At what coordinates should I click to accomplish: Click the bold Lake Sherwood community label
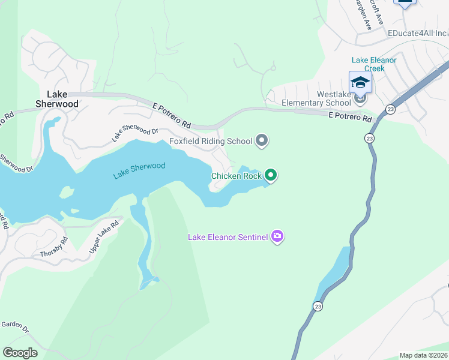[62, 99]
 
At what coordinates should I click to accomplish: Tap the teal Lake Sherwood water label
[139, 170]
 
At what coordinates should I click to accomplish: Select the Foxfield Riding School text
[211, 142]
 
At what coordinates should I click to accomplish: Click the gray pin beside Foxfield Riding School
[261, 141]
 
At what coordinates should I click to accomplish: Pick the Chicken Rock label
[236, 176]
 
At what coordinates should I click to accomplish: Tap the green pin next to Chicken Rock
[271, 175]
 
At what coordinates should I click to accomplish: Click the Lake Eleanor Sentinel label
[228, 237]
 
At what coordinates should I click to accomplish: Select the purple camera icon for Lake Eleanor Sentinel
[277, 236]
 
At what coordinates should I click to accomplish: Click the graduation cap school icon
[360, 82]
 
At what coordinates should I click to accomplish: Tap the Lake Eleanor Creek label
[374, 64]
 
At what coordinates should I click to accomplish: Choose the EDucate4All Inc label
[417, 33]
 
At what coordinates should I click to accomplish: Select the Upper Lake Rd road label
[104, 236]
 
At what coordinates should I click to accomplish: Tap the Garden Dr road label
[14, 326]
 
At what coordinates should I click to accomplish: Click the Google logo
[20, 353]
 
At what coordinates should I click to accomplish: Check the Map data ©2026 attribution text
[423, 355]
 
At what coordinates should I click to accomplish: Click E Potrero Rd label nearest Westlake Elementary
[351, 116]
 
